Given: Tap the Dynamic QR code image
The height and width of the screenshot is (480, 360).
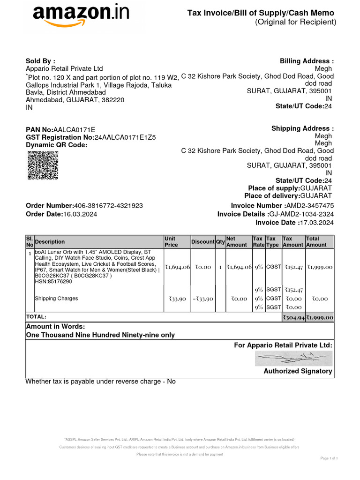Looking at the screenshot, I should (43, 165).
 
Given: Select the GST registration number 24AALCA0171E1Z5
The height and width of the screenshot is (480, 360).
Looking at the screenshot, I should (125, 137).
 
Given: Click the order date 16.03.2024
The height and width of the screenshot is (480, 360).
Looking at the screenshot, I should (80, 214).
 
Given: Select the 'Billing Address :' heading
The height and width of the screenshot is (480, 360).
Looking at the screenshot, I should (307, 61).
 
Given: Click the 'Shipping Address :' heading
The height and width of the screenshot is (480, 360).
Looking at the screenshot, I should (302, 129).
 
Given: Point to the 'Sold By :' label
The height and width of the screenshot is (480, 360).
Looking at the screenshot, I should (40, 61).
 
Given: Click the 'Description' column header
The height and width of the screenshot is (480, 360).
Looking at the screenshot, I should (50, 242).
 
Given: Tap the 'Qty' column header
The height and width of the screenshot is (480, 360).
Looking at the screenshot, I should (220, 242).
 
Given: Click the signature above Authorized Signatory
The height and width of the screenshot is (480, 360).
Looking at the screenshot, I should (293, 359).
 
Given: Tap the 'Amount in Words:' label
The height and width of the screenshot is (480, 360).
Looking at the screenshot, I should (55, 327).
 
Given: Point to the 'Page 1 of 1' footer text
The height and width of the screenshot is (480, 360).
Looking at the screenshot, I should (329, 458).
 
